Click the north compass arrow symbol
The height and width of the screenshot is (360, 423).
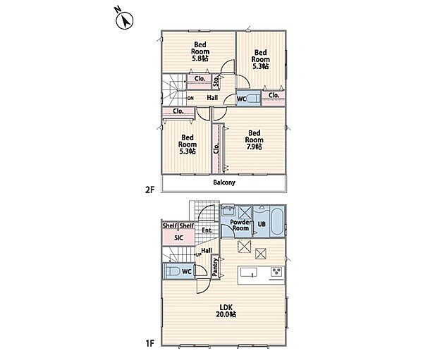(x=125, y=20)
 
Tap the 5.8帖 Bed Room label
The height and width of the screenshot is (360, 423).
(x=200, y=51)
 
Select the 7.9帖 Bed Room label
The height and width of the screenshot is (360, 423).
(x=254, y=139)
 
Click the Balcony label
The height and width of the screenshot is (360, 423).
(x=224, y=182)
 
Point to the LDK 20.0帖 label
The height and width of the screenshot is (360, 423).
(x=226, y=311)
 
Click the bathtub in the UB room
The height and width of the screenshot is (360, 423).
(x=276, y=222)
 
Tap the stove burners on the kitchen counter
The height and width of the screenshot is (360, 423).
(x=277, y=271)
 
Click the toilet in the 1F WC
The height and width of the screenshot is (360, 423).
(x=172, y=271)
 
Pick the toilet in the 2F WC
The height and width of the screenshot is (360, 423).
(x=254, y=98)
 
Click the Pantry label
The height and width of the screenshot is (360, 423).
(x=215, y=267)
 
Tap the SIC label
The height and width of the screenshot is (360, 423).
(x=178, y=238)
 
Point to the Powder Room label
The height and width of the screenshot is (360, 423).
(x=240, y=225)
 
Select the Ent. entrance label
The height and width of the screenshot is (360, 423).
(x=207, y=230)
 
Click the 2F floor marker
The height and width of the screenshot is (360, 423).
(x=149, y=190)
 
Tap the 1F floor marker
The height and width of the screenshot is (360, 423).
(x=149, y=343)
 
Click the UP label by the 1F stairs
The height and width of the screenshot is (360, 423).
(x=199, y=254)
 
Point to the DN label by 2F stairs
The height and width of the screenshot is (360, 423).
(x=191, y=98)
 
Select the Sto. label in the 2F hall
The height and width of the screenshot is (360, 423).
(x=216, y=81)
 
